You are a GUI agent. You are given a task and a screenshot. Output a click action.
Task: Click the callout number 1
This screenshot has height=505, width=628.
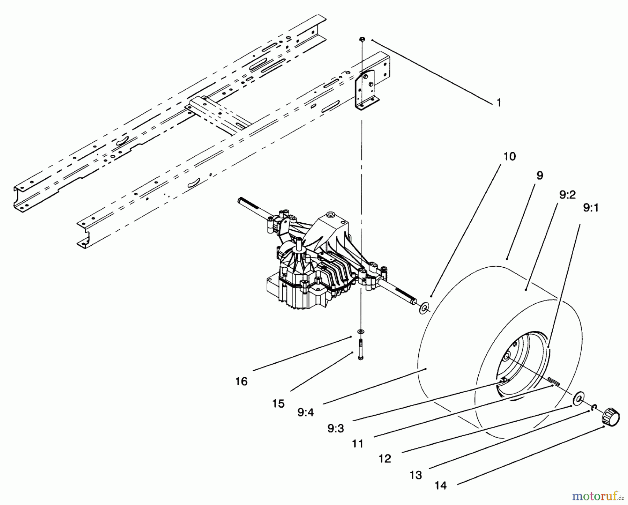click(499, 103)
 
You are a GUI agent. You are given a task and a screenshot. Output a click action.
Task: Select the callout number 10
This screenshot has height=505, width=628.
click(509, 156)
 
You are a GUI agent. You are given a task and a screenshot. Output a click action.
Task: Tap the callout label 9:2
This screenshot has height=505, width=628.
click(567, 195)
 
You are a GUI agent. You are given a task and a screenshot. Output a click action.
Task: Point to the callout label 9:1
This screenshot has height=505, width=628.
click(591, 208)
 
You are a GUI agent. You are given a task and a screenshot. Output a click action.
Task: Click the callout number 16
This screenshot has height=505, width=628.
click(241, 381)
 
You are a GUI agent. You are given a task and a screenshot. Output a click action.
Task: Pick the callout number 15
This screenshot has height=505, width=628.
click(278, 403)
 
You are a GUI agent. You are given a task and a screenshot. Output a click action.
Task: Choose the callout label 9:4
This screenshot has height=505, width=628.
click(306, 413)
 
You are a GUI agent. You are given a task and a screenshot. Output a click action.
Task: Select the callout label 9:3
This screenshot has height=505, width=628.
click(336, 429)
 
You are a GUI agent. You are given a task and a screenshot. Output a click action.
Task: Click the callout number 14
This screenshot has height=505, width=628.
click(441, 485)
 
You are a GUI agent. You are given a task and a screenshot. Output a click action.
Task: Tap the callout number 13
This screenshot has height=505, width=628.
click(416, 475)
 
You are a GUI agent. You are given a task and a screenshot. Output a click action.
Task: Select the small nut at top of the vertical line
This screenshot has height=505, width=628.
click(362, 39)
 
